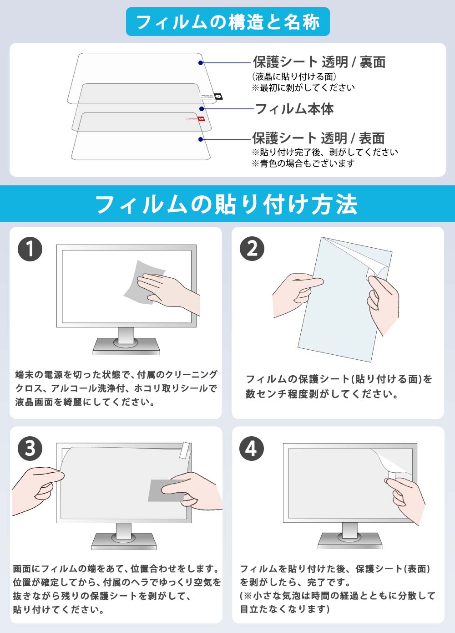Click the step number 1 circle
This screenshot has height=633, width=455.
(30, 249)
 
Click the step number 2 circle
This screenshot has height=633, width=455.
(252, 249)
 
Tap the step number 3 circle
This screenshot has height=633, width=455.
(30, 448)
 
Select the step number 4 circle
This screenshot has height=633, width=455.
(252, 448)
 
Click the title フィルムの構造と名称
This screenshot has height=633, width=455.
(227, 22)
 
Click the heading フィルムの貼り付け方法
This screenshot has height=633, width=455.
(227, 204)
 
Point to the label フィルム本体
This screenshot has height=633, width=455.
(294, 109)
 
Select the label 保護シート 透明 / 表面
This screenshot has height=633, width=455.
(318, 138)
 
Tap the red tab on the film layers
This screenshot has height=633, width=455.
(201, 119)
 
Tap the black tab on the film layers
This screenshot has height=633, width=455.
(218, 97)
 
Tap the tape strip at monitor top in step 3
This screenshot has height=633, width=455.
(186, 450)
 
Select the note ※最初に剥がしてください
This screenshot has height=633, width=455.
(303, 87)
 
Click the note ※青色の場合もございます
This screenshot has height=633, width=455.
(303, 163)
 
